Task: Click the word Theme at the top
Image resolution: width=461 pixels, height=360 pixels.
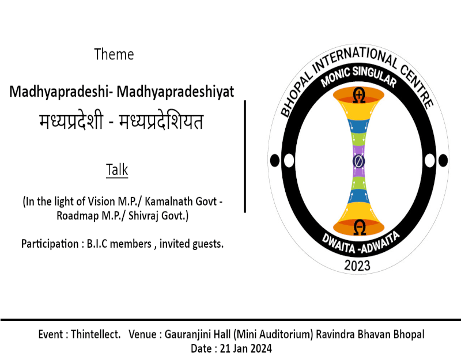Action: point(114,54)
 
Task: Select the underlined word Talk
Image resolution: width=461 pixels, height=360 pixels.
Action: point(117,169)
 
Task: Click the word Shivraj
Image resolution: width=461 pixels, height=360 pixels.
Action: point(143,216)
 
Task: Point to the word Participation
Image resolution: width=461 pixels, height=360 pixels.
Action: point(50,244)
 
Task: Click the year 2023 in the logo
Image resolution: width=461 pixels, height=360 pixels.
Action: point(357,266)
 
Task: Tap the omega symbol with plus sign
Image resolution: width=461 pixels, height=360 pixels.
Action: point(359,95)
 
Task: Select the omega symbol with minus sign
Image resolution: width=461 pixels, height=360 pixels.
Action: point(359,227)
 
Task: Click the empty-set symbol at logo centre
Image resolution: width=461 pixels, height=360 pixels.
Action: point(358,161)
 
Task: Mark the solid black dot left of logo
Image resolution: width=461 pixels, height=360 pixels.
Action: point(275,161)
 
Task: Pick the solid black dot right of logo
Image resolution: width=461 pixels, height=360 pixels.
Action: point(443,161)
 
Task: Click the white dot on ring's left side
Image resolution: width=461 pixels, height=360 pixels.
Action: point(289,161)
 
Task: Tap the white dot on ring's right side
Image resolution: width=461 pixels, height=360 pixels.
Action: point(429,161)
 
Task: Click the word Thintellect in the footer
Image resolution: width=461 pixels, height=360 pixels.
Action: point(95,335)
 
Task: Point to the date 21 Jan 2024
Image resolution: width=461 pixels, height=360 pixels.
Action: point(246,348)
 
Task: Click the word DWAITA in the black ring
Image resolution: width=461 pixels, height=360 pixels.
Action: point(339,243)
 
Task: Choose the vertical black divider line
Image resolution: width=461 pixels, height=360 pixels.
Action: point(245,156)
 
